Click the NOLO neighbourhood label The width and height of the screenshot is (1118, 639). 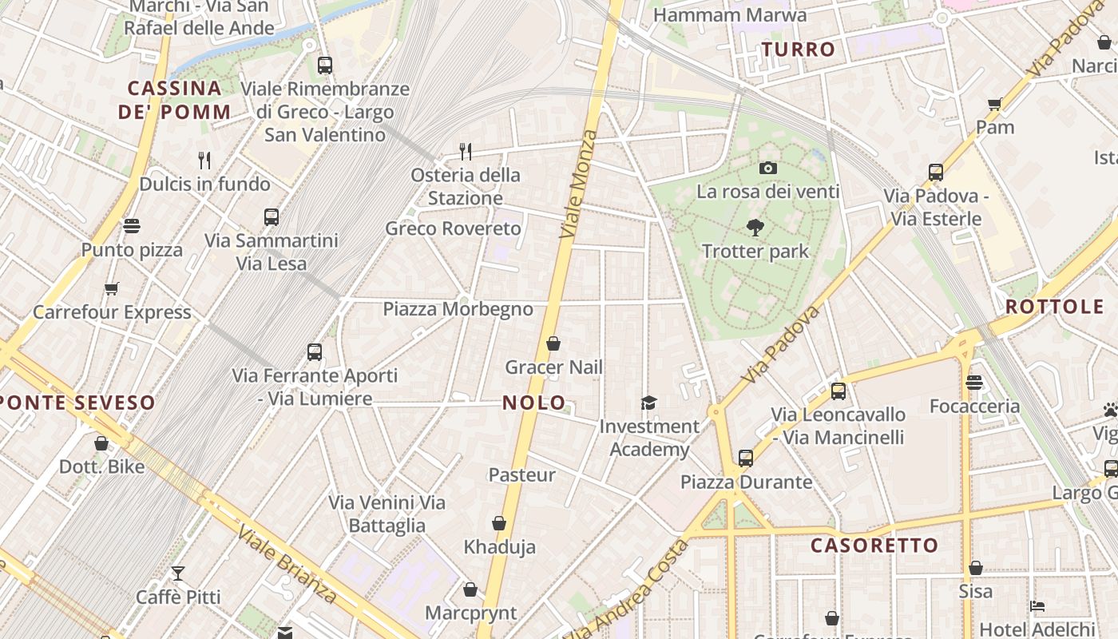(534, 403)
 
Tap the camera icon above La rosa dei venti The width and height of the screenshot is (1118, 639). (768, 168)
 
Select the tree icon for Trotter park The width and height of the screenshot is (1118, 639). (755, 228)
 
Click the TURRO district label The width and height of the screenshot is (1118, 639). (799, 50)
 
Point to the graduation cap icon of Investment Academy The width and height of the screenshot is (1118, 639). (648, 403)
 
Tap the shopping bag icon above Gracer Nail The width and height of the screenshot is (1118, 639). (553, 344)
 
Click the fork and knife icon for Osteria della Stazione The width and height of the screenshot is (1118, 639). (466, 150)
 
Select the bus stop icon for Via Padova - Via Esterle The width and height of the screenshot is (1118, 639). (936, 172)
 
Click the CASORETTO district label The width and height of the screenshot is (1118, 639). (874, 546)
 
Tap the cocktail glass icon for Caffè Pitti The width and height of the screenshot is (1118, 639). (177, 574)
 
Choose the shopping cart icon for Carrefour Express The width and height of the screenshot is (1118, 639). (111, 288)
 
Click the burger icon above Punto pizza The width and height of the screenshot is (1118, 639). (132, 226)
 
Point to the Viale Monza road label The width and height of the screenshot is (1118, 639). (579, 184)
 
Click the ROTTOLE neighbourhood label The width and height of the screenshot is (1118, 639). (1054, 307)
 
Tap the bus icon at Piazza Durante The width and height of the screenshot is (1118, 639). (745, 458)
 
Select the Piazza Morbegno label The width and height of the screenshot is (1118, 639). (458, 309)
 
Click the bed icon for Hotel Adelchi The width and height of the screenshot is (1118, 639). (1037, 606)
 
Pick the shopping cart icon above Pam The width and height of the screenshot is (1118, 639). (995, 103)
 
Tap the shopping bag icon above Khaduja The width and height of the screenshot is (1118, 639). (499, 523)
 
